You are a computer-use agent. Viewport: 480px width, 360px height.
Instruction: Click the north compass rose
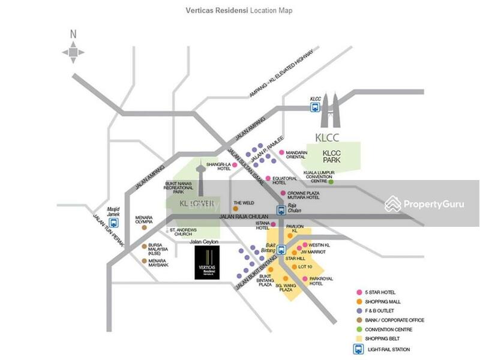point(73,52)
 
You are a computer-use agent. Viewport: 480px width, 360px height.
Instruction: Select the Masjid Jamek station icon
point(114,221)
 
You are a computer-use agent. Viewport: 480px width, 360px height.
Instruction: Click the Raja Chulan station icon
point(280,210)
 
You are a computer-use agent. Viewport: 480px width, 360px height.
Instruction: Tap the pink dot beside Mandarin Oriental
point(281,152)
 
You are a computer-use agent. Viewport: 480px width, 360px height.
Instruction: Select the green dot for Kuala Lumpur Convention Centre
point(331,182)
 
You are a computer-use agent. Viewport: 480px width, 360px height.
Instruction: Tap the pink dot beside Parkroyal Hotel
point(305,279)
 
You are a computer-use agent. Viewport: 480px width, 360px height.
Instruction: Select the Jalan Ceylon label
point(204,242)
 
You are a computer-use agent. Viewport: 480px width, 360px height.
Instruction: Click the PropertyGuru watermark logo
point(425,204)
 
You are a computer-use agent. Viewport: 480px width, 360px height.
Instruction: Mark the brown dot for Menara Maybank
point(143,260)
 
